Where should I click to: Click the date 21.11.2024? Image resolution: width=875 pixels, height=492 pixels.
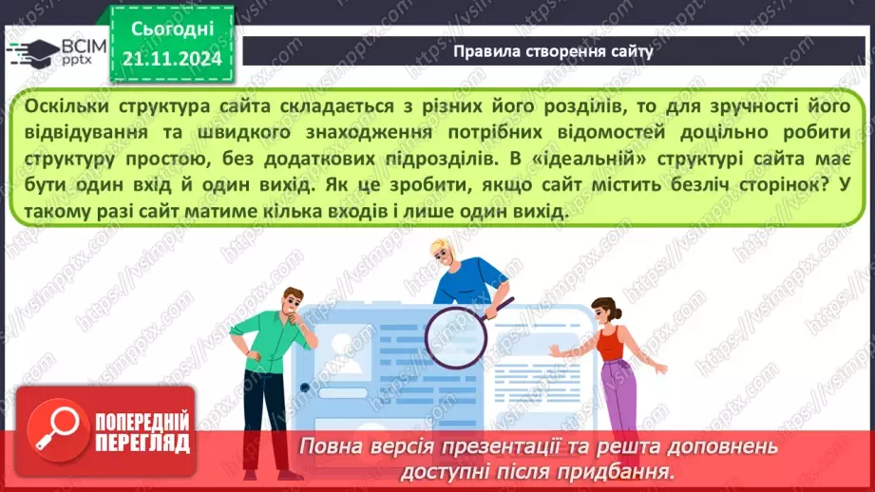click(x=172, y=59)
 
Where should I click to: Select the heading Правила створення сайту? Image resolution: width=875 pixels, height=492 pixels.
click(x=554, y=51)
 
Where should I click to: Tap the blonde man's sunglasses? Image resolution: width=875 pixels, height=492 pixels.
click(x=445, y=250)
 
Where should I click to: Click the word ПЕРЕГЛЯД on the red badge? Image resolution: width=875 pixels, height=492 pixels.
click(x=143, y=443)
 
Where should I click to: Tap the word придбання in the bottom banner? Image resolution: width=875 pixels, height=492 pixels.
click(x=618, y=470)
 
